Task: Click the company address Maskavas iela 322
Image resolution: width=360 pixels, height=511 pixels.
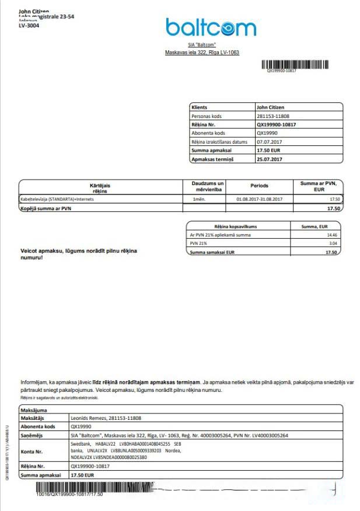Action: tap(202, 53)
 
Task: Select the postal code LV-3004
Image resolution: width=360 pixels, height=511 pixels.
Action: tap(29, 26)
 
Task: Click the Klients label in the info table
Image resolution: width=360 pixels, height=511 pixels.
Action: tap(199, 107)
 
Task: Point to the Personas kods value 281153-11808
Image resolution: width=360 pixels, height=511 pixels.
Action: tap(273, 116)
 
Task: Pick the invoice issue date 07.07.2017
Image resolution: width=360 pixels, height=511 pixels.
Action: tap(269, 142)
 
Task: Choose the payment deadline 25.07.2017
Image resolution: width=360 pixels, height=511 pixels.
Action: tap(270, 159)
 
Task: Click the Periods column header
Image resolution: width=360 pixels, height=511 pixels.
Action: tap(260, 186)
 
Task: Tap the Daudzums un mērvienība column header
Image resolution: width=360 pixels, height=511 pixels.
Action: tap(208, 186)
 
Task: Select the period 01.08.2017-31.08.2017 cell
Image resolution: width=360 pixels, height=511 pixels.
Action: tap(260, 200)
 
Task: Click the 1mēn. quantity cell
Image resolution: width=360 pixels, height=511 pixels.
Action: tap(198, 200)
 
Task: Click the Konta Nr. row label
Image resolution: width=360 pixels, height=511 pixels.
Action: tap(32, 451)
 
